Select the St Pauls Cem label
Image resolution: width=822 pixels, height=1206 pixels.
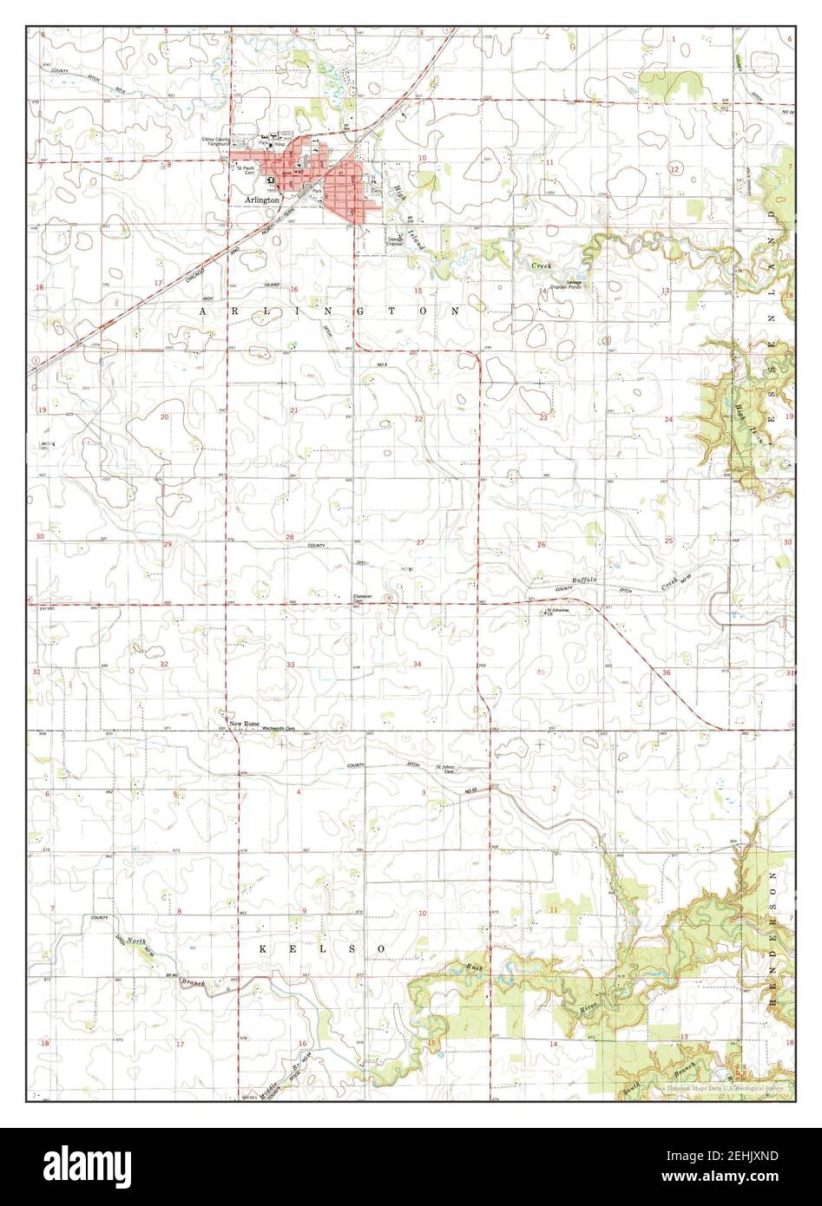pos(249,171)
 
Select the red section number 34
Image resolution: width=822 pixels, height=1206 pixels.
pos(418,665)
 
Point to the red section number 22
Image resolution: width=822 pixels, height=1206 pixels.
pos(418,418)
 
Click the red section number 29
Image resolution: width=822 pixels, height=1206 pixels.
pos(167,544)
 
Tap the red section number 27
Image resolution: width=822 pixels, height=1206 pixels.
pos(420,542)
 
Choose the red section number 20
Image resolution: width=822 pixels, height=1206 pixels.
pos(164,416)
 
